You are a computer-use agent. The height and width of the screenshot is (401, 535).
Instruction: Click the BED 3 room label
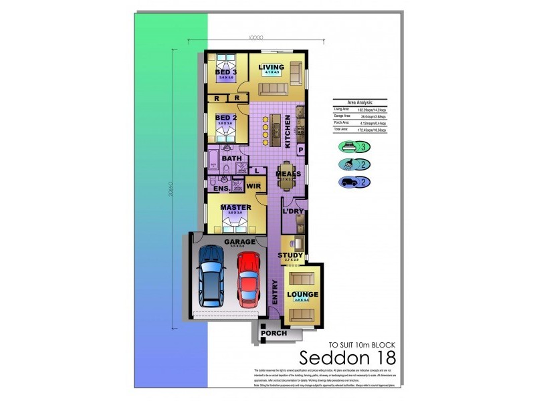pos(226,72)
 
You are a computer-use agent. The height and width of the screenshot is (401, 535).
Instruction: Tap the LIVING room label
pos(272,68)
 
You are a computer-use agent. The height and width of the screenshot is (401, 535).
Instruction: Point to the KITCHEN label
pos(288,132)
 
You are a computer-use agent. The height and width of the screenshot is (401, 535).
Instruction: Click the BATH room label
pos(232,158)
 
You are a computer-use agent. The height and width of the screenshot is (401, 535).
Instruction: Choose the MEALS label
pos(289,174)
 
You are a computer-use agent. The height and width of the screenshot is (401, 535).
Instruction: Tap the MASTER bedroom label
pos(235,207)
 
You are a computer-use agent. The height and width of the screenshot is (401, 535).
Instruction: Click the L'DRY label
pos(294,211)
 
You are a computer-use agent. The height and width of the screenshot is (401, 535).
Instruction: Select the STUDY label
pos(290,255)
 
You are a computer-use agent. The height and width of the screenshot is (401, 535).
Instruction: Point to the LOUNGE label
pos(303,294)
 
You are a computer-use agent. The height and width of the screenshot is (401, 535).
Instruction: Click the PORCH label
pos(274,332)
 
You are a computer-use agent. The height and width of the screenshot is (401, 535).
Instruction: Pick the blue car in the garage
pos(212,275)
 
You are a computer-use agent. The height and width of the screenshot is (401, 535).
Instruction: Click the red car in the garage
pos(249,278)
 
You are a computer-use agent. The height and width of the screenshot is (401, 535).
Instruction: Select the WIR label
pos(253,186)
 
